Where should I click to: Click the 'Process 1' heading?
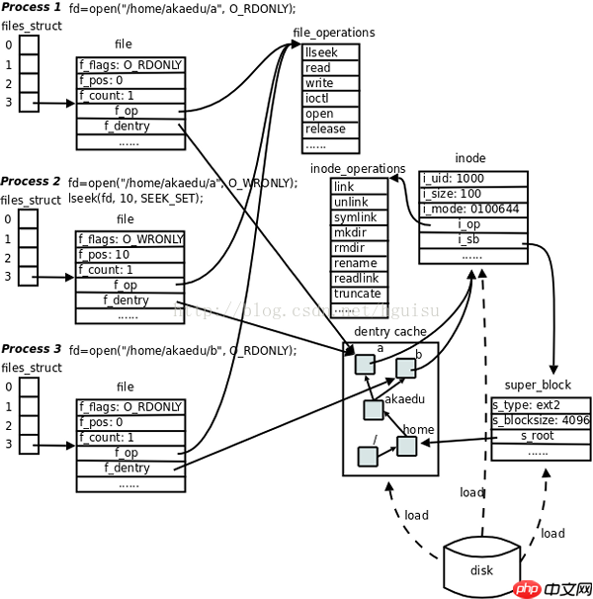point(31,8)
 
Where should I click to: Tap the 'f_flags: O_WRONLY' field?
point(129,238)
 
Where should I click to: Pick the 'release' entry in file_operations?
point(325,128)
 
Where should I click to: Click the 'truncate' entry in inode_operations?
point(356,294)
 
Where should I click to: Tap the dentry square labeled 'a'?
point(366,364)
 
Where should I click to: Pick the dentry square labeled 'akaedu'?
point(373,409)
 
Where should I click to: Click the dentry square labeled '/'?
point(367,456)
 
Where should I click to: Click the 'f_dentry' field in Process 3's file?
point(129,468)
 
